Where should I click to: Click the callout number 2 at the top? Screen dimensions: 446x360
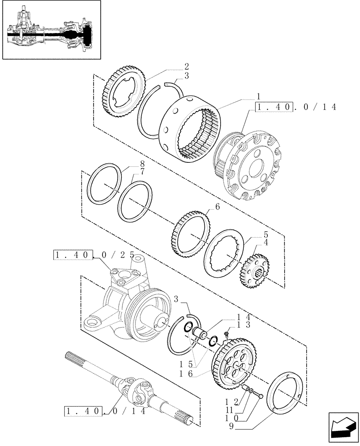pos(186,66)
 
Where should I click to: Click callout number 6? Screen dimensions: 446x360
pos(217,207)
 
